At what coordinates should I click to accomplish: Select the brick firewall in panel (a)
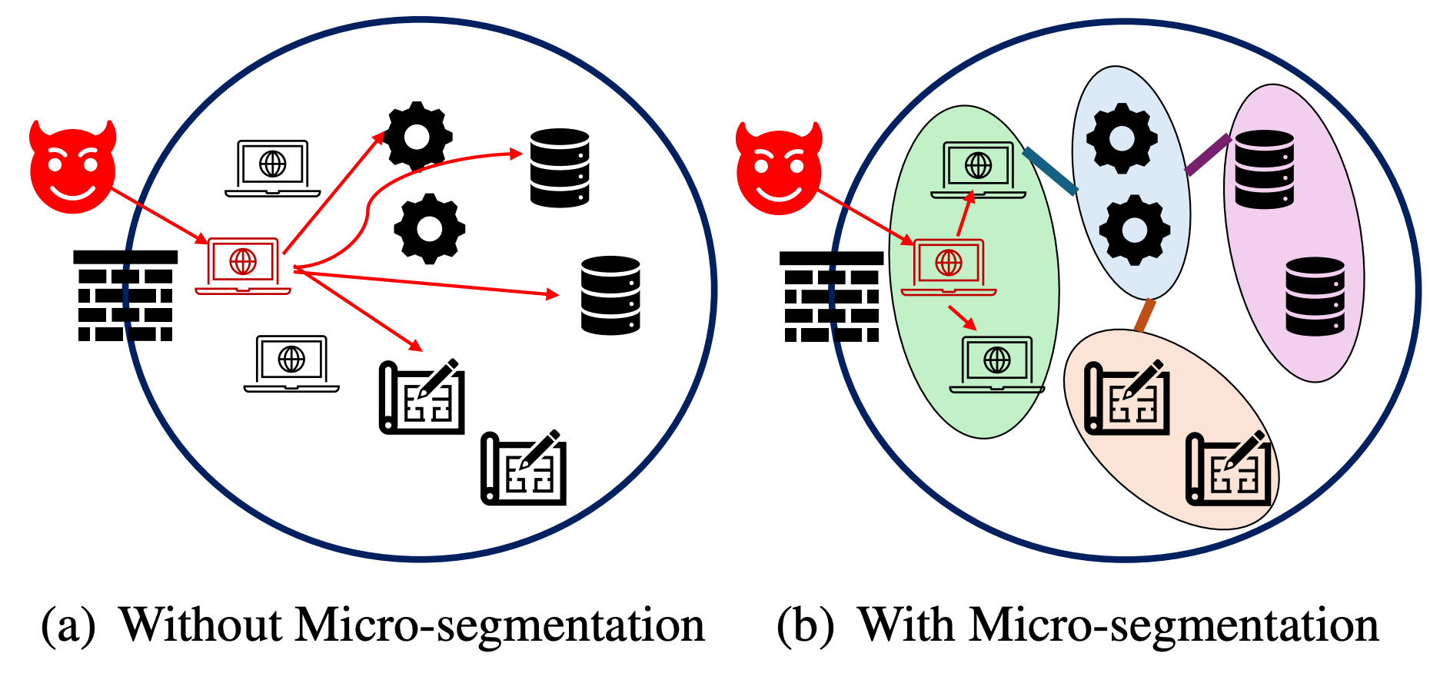click(125, 296)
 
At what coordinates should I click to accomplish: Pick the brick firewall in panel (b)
click(831, 297)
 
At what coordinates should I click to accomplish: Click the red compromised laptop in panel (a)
click(243, 266)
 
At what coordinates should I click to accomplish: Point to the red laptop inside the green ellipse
click(949, 267)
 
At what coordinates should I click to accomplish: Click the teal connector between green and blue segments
click(1050, 171)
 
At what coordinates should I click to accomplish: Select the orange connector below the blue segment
click(1145, 315)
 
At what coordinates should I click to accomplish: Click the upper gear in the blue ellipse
click(1122, 138)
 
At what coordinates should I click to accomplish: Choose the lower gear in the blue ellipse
click(1134, 230)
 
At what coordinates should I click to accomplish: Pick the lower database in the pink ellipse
click(1315, 297)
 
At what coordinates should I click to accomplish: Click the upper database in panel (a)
click(560, 167)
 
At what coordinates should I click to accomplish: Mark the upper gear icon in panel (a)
click(417, 137)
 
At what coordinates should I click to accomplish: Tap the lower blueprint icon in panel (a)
click(524, 468)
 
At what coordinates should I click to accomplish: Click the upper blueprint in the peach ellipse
click(1127, 398)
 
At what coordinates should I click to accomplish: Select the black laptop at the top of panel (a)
click(272, 167)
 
